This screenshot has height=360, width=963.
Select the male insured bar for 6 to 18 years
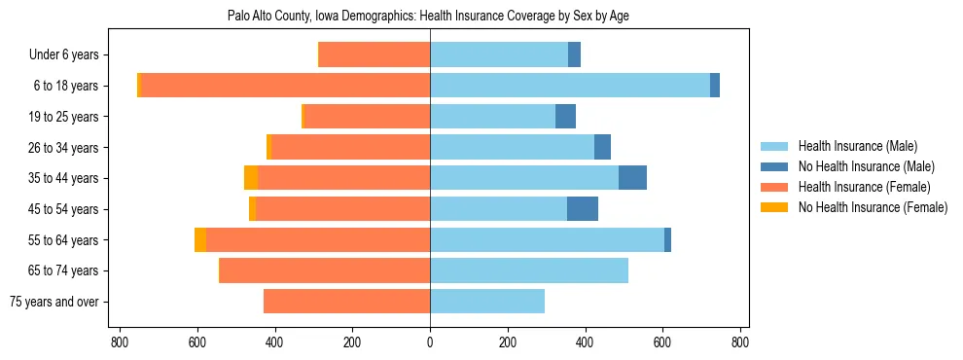[x=569, y=86]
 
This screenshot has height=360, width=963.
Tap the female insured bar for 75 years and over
[x=346, y=302]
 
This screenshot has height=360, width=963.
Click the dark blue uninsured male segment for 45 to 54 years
[x=583, y=209]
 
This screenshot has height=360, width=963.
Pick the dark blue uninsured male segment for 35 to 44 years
[x=632, y=178]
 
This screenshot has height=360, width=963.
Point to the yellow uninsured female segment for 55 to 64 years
[x=200, y=240]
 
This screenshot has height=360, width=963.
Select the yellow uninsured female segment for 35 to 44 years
[x=251, y=178]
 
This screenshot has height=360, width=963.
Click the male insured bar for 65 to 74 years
[x=529, y=270]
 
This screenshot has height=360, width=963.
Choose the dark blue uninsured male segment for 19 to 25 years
[x=565, y=117]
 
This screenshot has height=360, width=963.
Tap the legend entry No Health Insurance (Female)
[x=873, y=207]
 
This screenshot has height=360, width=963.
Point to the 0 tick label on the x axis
[x=430, y=342]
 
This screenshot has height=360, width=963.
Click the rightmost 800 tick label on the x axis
[x=740, y=342]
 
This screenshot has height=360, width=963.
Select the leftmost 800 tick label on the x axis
[x=120, y=342]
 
